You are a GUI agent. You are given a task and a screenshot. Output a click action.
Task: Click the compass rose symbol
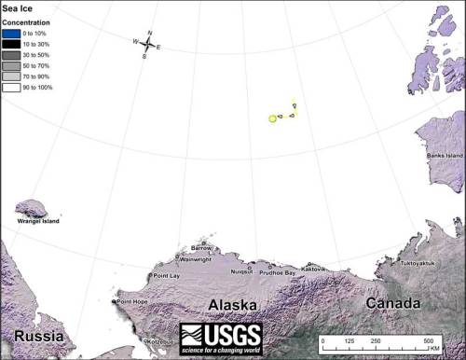(x=148, y=44)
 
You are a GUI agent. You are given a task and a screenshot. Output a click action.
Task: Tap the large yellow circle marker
(x=273, y=118)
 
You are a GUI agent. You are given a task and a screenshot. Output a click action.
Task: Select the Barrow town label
(x=201, y=247)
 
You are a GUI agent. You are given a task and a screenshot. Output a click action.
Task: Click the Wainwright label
(x=195, y=260)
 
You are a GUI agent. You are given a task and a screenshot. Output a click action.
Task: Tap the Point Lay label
(x=167, y=276)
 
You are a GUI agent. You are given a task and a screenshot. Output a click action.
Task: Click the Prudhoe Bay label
(x=277, y=272)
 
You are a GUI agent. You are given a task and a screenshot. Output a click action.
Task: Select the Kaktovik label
(x=312, y=269)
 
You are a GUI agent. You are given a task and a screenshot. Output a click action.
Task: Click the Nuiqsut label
(x=241, y=271)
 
